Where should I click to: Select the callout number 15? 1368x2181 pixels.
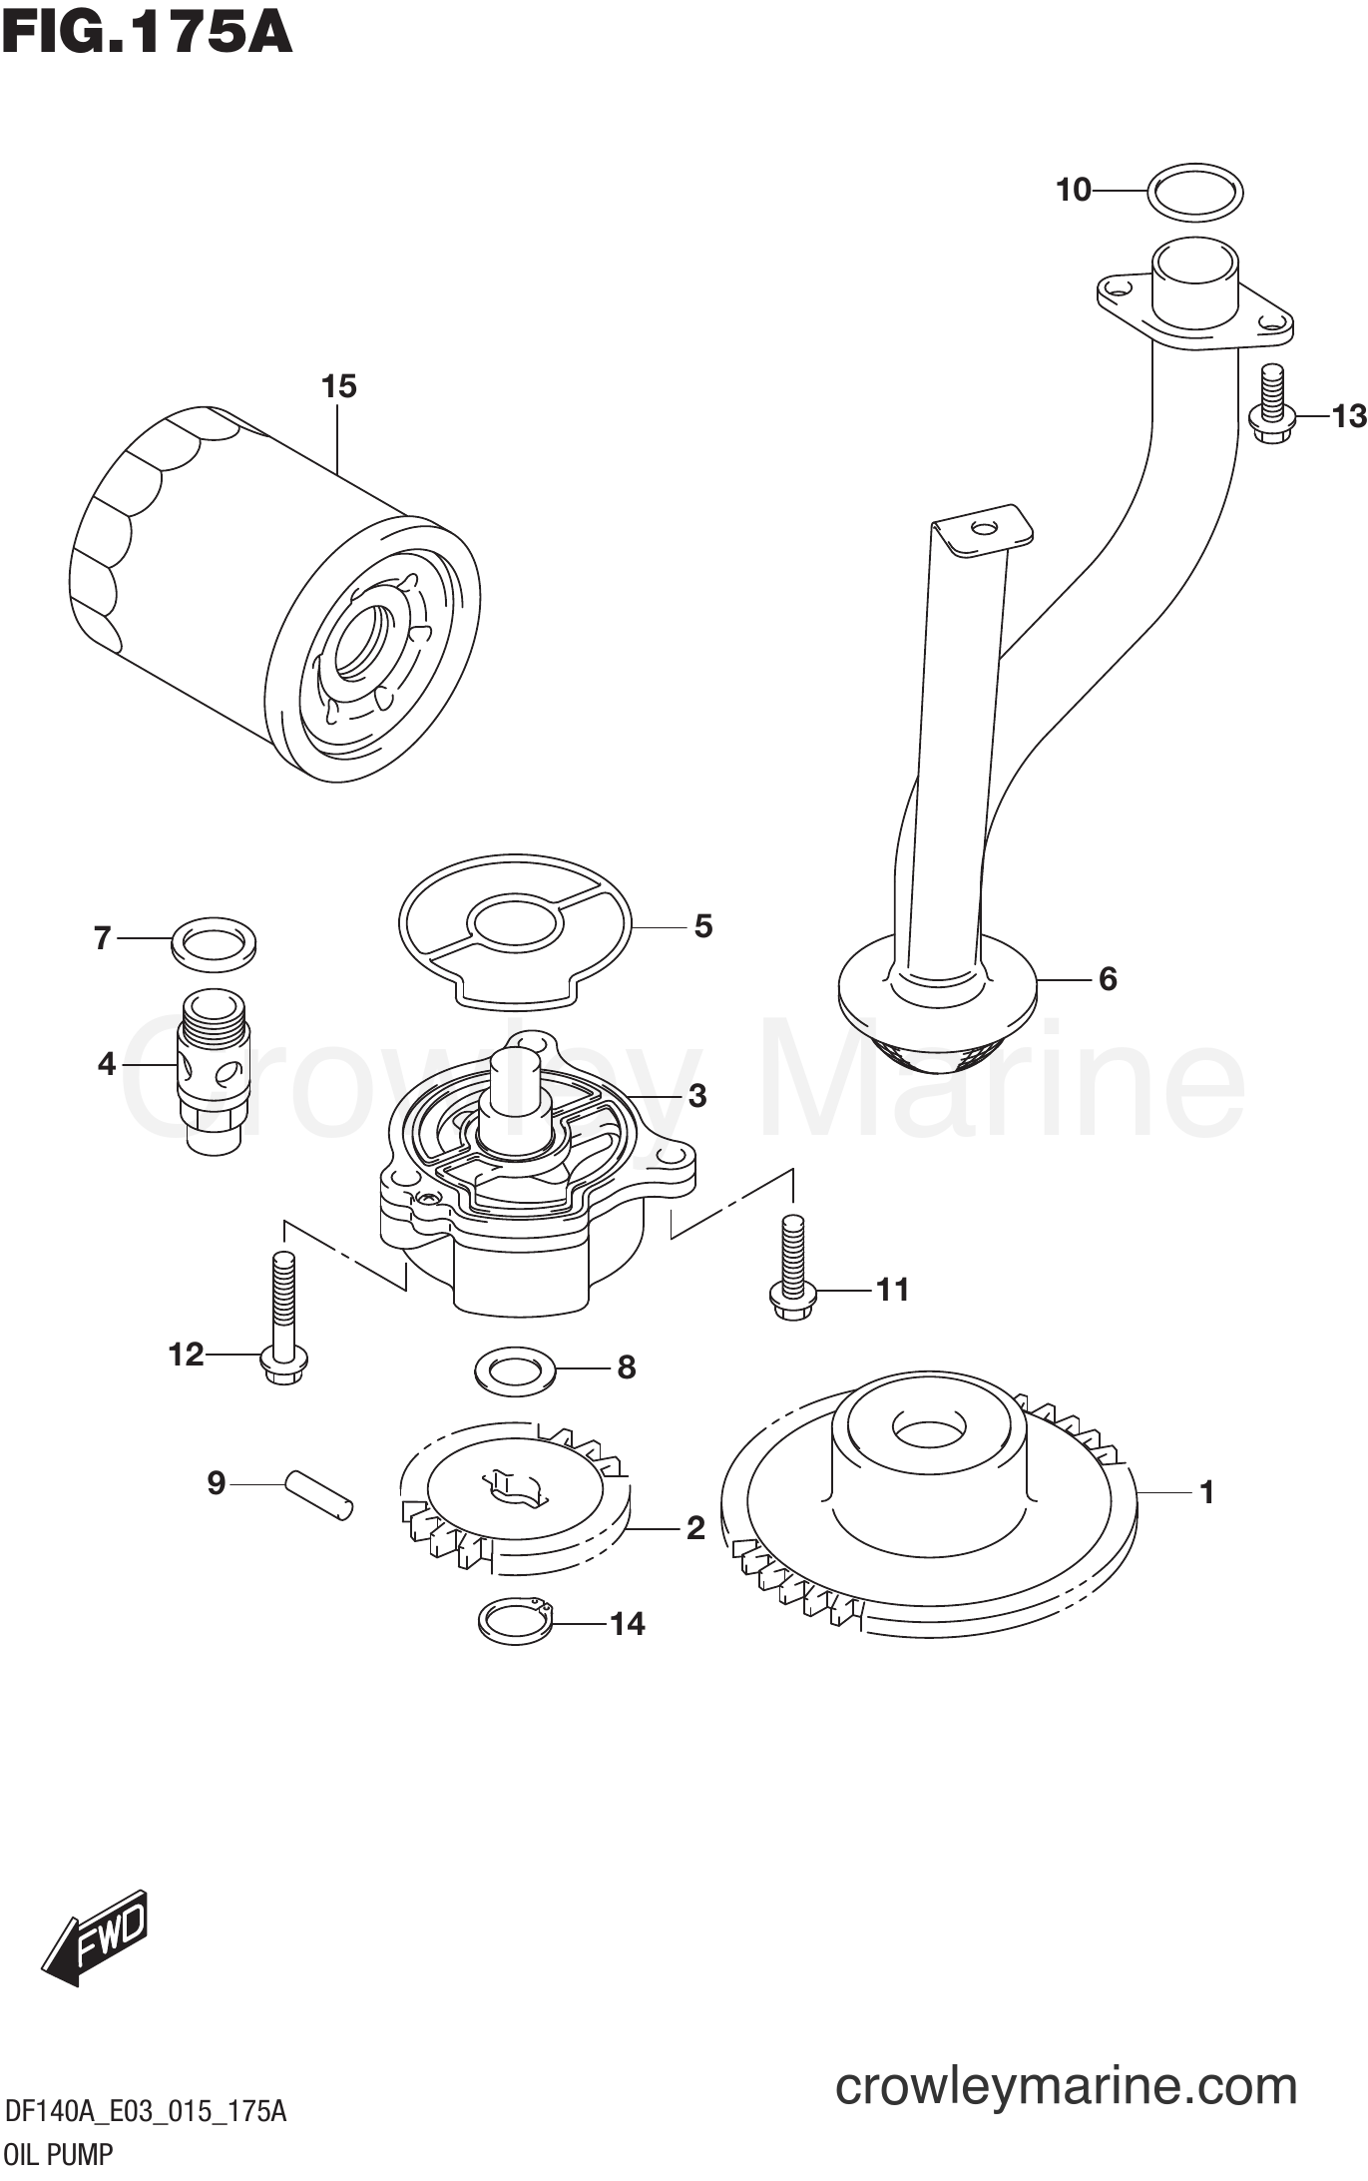pos(338,386)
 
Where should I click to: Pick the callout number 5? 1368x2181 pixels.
pos(703,926)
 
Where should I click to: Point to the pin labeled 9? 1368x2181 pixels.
pos(318,1494)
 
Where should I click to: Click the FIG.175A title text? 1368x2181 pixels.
pos(147,33)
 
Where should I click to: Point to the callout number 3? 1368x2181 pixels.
pos(696,1096)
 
